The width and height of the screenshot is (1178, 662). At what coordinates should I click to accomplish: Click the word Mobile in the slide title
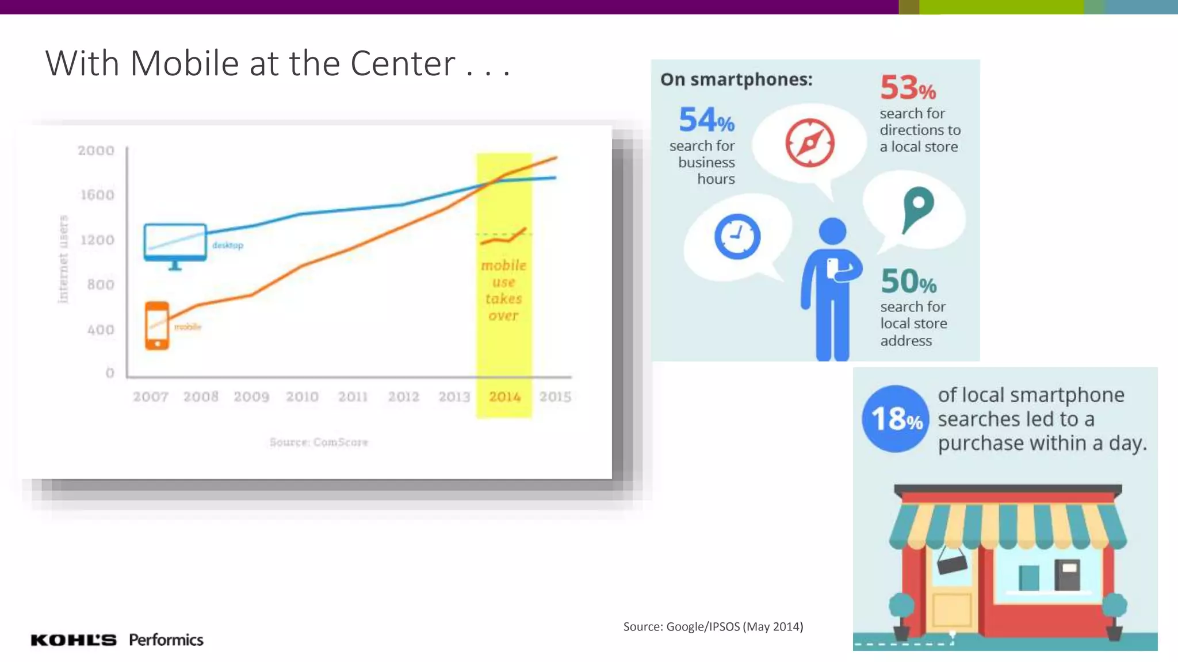(x=184, y=63)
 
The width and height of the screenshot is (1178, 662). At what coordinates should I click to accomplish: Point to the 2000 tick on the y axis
(x=96, y=151)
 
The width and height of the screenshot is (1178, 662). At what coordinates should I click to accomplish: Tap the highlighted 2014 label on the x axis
(x=504, y=397)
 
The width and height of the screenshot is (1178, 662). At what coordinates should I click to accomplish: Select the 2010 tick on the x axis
(x=302, y=397)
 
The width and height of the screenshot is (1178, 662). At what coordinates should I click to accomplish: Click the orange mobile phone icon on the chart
(x=157, y=325)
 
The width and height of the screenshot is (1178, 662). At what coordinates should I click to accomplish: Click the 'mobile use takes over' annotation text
(x=503, y=290)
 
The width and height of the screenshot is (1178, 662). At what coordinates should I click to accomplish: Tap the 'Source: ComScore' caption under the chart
(x=319, y=442)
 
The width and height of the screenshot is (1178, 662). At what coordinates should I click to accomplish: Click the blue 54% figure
(x=706, y=120)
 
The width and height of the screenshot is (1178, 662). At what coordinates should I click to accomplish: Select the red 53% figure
(x=907, y=88)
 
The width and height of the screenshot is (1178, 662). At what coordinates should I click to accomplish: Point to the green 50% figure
(x=908, y=281)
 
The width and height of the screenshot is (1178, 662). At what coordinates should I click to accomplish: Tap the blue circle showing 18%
(x=896, y=418)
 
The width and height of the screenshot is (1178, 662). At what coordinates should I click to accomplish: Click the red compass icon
(x=809, y=143)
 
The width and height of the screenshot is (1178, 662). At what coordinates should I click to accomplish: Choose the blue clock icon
(x=737, y=236)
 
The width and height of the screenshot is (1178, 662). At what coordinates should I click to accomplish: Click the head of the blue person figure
(x=832, y=231)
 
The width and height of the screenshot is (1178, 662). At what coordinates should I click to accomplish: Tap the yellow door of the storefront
(x=951, y=609)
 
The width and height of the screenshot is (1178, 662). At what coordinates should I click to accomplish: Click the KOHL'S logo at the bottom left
(x=73, y=640)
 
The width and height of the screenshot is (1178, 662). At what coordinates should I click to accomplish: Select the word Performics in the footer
(x=166, y=640)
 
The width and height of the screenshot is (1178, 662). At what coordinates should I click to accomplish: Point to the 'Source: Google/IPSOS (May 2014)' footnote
(x=713, y=626)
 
